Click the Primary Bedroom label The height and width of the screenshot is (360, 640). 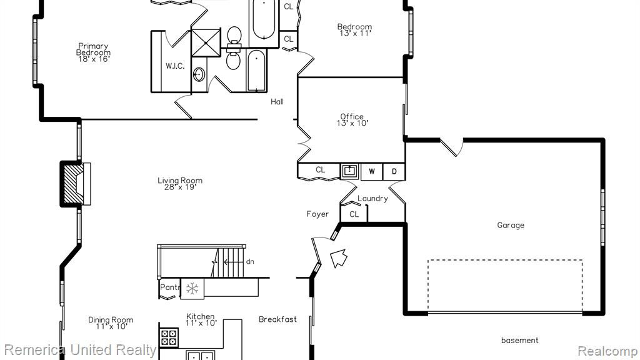point(94,52)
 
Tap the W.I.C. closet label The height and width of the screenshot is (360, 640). point(175,66)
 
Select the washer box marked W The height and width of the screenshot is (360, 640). point(372,171)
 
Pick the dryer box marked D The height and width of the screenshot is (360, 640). point(394,171)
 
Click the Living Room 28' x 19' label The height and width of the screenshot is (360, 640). point(180,184)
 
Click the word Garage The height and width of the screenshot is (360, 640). point(511,225)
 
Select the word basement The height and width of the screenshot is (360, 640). point(519,340)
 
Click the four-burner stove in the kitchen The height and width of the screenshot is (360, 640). point(169,337)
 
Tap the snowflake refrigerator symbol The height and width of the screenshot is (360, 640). point(192,289)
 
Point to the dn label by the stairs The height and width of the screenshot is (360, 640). point(250,262)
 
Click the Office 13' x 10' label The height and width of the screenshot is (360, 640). point(352,119)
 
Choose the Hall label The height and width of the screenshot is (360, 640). point(277,102)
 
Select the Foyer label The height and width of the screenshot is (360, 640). point(317,214)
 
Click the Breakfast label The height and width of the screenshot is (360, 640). point(277,319)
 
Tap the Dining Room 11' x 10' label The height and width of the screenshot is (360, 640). point(111,323)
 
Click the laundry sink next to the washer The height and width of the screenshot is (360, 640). point(349,171)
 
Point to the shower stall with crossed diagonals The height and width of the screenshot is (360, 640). point(206,42)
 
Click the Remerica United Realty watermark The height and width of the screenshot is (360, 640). point(80,350)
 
